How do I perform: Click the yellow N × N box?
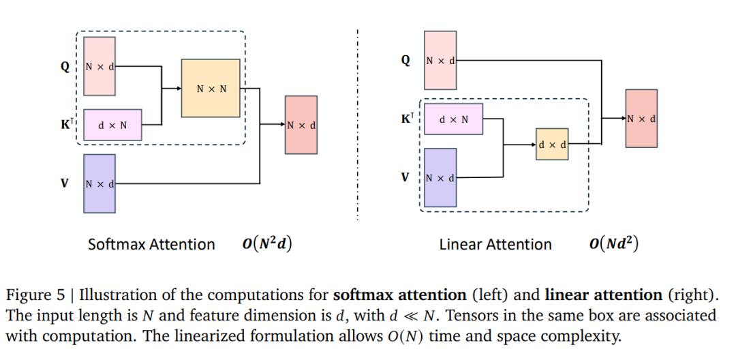click(210, 89)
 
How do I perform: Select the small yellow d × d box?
click(551, 144)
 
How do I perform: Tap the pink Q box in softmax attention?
click(99, 66)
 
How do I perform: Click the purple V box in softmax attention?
click(99, 183)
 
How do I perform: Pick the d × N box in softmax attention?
click(112, 125)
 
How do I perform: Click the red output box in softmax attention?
click(301, 125)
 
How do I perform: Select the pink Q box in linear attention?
click(440, 60)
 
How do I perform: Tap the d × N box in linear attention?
click(453, 119)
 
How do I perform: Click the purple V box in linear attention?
click(440, 177)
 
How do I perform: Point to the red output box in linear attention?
click(641, 118)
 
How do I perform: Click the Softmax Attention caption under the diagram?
click(151, 244)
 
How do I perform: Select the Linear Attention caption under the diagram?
click(495, 244)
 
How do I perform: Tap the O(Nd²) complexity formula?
click(613, 243)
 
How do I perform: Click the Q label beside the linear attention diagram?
click(405, 60)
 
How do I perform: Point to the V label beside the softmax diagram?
click(65, 183)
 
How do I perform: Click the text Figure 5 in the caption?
click(38, 296)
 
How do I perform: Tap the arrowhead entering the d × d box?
click(533, 144)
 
